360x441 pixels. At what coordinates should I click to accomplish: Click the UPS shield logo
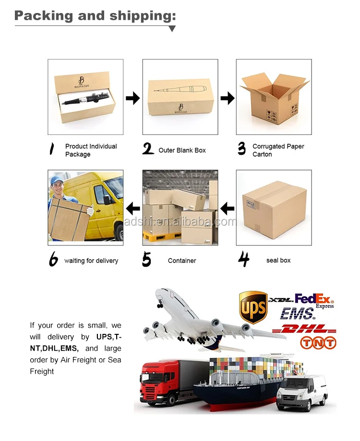point(253,307)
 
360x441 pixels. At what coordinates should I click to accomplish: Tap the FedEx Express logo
point(314,301)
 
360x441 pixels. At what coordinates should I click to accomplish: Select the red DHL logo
point(304,329)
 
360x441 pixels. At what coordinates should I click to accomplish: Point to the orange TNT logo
point(318,343)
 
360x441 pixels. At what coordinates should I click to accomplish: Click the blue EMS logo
point(297,314)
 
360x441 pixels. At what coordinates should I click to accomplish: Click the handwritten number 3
point(242,148)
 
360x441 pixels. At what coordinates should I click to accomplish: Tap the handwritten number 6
point(53,259)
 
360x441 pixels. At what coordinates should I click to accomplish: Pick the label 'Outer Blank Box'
point(182,150)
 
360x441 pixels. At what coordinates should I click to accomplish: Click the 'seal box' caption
point(278,260)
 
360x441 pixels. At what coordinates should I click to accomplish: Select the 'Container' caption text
point(182,261)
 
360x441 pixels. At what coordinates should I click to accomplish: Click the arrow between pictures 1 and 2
point(132,98)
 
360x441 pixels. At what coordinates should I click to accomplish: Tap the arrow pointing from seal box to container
point(228,208)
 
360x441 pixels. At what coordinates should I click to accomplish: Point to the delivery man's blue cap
point(57,180)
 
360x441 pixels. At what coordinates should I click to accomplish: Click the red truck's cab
point(159,378)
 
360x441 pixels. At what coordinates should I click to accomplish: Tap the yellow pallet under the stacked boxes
point(162,237)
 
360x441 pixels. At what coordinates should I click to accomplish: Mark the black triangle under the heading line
point(172,28)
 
